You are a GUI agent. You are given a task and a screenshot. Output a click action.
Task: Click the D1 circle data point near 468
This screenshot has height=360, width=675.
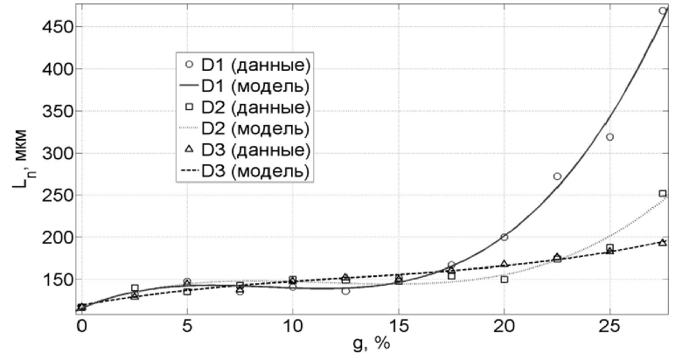click(662, 11)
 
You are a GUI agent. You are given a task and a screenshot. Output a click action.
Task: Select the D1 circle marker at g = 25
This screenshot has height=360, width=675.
click(609, 137)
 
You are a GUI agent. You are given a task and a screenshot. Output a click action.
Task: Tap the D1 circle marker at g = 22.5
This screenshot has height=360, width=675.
click(557, 177)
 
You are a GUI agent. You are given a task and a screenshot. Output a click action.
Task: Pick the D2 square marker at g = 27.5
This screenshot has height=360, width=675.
click(662, 194)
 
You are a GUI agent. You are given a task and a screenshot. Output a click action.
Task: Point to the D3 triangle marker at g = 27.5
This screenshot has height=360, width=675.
click(662, 242)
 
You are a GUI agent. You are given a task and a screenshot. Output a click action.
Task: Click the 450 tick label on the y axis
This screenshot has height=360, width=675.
click(54, 26)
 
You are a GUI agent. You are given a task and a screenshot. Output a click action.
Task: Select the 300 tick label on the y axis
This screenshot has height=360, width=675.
click(54, 153)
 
